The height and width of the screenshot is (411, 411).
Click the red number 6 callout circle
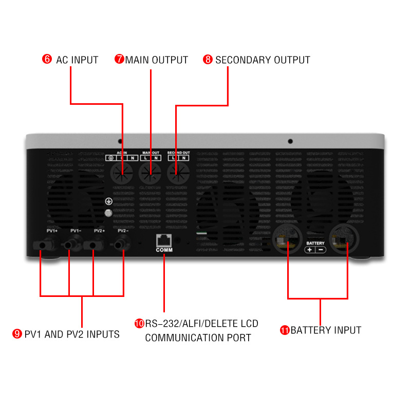pyautogui.click(x=47, y=60)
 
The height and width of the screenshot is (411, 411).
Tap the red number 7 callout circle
pyautogui.click(x=120, y=60)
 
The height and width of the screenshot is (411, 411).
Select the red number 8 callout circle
pyautogui.click(x=208, y=60)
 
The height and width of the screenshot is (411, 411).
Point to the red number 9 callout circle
pyautogui.click(x=17, y=334)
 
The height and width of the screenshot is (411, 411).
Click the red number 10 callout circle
pyautogui.click(x=139, y=324)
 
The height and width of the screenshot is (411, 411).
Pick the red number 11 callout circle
pyautogui.click(x=285, y=330)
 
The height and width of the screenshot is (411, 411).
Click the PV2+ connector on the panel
pyautogui.click(x=93, y=246)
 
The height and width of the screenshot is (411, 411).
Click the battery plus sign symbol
pyautogui.click(x=310, y=250)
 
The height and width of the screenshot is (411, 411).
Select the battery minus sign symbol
pyautogui.click(x=321, y=250)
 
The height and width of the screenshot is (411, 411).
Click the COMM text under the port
pyautogui.click(x=164, y=250)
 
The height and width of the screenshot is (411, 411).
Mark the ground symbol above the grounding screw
pyautogui.click(x=108, y=202)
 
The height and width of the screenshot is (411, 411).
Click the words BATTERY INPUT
pyautogui.click(x=326, y=330)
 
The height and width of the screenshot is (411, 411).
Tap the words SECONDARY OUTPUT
pyautogui.click(x=263, y=60)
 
